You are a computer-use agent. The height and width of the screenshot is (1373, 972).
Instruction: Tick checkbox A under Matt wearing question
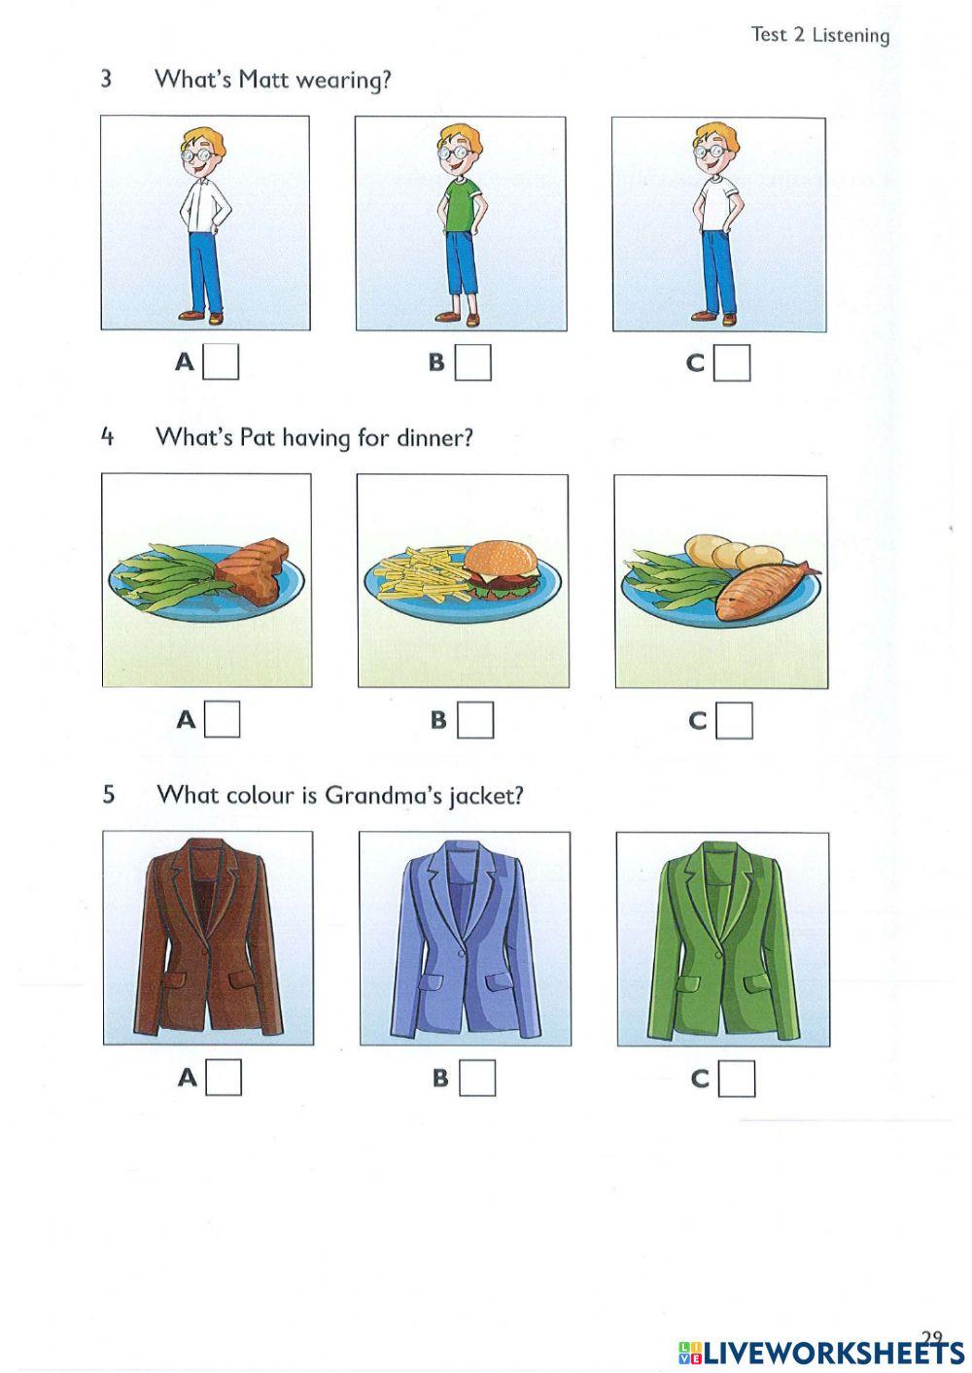coord(221,362)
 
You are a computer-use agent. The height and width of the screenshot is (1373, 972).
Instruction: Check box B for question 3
coord(473,362)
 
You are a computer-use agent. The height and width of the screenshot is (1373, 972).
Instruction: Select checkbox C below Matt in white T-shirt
coord(732,363)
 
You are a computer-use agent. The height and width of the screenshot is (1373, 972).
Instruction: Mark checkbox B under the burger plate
coord(475,720)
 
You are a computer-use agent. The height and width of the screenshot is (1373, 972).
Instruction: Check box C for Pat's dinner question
coord(734,721)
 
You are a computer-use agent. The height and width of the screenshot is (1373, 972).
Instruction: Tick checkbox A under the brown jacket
coord(224,1078)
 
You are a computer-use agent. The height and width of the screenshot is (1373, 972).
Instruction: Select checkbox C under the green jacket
coord(737,1079)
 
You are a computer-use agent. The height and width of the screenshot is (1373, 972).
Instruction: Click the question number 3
coord(106,79)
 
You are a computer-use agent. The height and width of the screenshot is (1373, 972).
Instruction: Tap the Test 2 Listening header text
coord(819,35)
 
